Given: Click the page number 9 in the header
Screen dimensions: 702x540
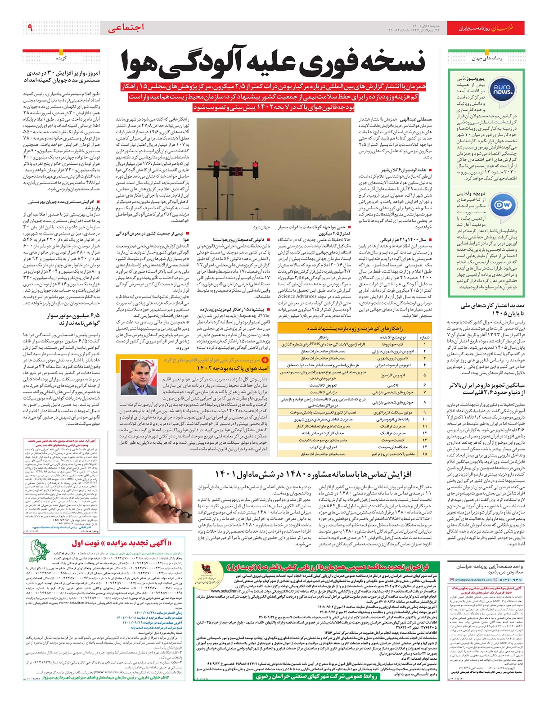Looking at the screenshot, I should pos(30,28).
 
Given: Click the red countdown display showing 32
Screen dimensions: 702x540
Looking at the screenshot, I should pos(236,171).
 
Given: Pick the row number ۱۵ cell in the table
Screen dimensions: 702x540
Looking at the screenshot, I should pos(424,454).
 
